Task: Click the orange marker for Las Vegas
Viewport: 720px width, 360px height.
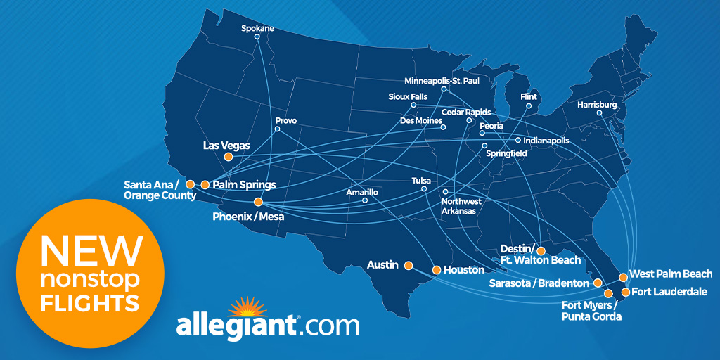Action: click(x=228, y=157)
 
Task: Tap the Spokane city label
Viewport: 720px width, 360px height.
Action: click(x=257, y=29)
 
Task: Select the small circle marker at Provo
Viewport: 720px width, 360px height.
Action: click(x=277, y=129)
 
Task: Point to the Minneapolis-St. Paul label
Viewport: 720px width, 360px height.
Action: click(x=442, y=80)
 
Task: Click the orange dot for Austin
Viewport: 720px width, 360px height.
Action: click(x=408, y=265)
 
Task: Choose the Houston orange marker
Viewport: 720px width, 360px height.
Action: click(x=437, y=270)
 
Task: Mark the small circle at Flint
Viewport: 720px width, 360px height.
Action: click(x=528, y=106)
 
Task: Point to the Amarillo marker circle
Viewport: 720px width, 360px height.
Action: click(x=364, y=200)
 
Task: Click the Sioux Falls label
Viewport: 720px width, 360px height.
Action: click(x=408, y=96)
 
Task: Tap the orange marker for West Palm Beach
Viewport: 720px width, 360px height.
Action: click(x=623, y=277)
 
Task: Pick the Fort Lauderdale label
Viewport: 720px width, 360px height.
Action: click(x=669, y=292)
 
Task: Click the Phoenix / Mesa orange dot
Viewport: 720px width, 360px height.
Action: click(x=258, y=202)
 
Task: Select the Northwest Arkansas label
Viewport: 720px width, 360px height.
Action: click(x=461, y=206)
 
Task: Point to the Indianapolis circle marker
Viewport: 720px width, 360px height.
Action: click(x=517, y=140)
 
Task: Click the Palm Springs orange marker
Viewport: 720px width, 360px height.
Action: click(x=205, y=185)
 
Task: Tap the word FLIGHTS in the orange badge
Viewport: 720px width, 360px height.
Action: click(x=89, y=304)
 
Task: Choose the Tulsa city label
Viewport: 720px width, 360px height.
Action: click(x=421, y=181)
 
